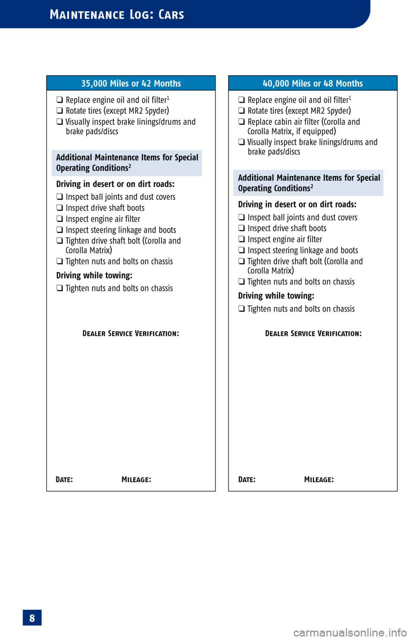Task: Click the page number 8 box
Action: [32, 618]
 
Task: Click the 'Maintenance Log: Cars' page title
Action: [117, 15]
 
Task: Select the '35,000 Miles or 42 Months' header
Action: [131, 83]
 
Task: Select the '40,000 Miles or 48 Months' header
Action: [313, 83]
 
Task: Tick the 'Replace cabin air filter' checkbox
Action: [241, 122]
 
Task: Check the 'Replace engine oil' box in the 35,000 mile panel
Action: [60, 100]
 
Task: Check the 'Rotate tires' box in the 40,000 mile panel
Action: [241, 111]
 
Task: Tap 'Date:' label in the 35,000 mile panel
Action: [64, 480]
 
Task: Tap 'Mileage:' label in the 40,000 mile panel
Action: [319, 480]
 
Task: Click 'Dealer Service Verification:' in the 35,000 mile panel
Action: [131, 333]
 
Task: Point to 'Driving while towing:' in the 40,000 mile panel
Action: [276, 296]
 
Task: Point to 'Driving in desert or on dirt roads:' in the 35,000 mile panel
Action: [115, 184]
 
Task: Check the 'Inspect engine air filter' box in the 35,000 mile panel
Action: [60, 219]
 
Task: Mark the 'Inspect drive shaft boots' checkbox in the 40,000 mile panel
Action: [241, 229]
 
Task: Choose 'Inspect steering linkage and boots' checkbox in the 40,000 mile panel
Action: [241, 251]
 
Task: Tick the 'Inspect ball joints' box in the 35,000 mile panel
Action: [60, 197]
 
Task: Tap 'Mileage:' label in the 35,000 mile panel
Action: [136, 480]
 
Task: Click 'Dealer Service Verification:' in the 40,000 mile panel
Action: [313, 333]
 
